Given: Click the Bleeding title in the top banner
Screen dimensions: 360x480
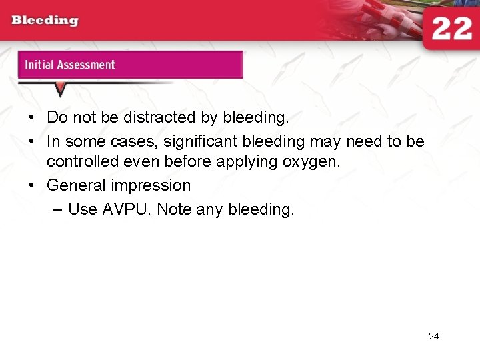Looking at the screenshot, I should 45,20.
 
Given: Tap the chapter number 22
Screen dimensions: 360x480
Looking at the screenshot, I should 451,29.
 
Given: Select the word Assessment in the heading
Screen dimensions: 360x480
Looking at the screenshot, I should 86,65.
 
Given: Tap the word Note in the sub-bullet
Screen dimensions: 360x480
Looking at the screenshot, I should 175,209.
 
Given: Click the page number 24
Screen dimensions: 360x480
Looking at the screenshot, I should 433,336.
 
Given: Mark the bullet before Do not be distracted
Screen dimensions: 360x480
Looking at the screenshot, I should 32,118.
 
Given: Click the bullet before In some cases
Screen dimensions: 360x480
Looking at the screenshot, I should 32,141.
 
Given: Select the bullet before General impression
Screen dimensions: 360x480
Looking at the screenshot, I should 32,186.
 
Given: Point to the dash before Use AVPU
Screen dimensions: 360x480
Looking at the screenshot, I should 56,209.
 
